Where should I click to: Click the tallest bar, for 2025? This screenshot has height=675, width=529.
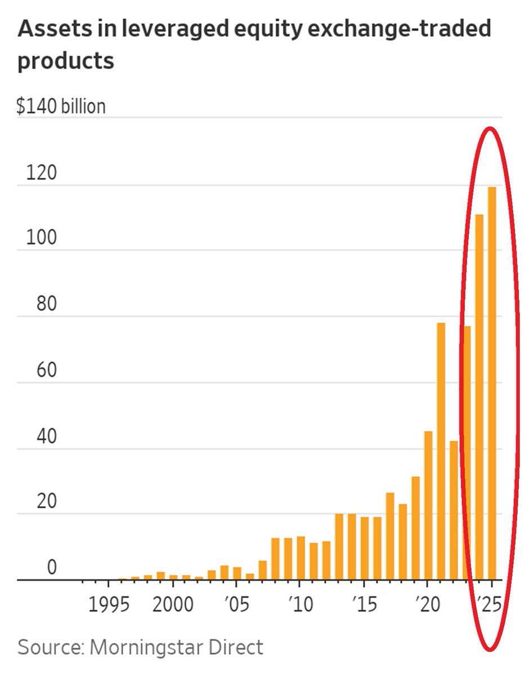(x=492, y=382)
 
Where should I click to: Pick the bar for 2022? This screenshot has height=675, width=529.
(x=454, y=510)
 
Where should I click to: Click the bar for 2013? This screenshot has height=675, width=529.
(x=339, y=546)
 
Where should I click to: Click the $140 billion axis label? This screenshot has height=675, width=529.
(x=61, y=106)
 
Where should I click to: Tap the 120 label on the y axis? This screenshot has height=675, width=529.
(x=41, y=173)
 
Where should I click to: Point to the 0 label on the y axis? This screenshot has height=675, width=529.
(x=52, y=568)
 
